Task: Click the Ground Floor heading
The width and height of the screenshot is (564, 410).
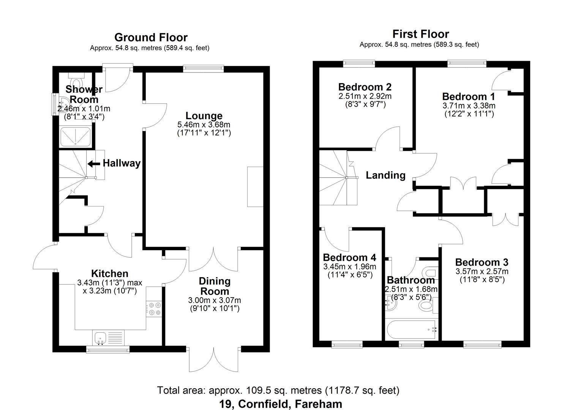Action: coord(151,38)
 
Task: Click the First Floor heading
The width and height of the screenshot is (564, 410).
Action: coord(420,34)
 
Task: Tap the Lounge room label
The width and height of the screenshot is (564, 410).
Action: coord(204,116)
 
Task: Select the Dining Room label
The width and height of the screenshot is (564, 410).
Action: coord(215,286)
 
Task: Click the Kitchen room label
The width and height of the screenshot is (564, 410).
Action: coord(109,274)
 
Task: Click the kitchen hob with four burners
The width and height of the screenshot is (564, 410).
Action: coord(154,308)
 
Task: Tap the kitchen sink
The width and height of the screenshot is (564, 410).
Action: coord(101,337)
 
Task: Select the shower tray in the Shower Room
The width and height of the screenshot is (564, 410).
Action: coord(76,137)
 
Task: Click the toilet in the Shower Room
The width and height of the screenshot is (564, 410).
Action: coord(76,82)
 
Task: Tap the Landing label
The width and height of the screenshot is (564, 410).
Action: coord(385,175)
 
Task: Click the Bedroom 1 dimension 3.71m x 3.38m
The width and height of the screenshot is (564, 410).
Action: coord(469,106)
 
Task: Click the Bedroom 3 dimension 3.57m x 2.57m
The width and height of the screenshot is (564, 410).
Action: coord(482,271)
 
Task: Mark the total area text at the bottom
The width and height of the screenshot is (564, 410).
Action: coord(278,390)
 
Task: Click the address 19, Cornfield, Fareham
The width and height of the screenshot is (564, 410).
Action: coord(281,404)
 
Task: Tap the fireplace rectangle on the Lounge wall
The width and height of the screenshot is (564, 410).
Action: coord(255,186)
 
